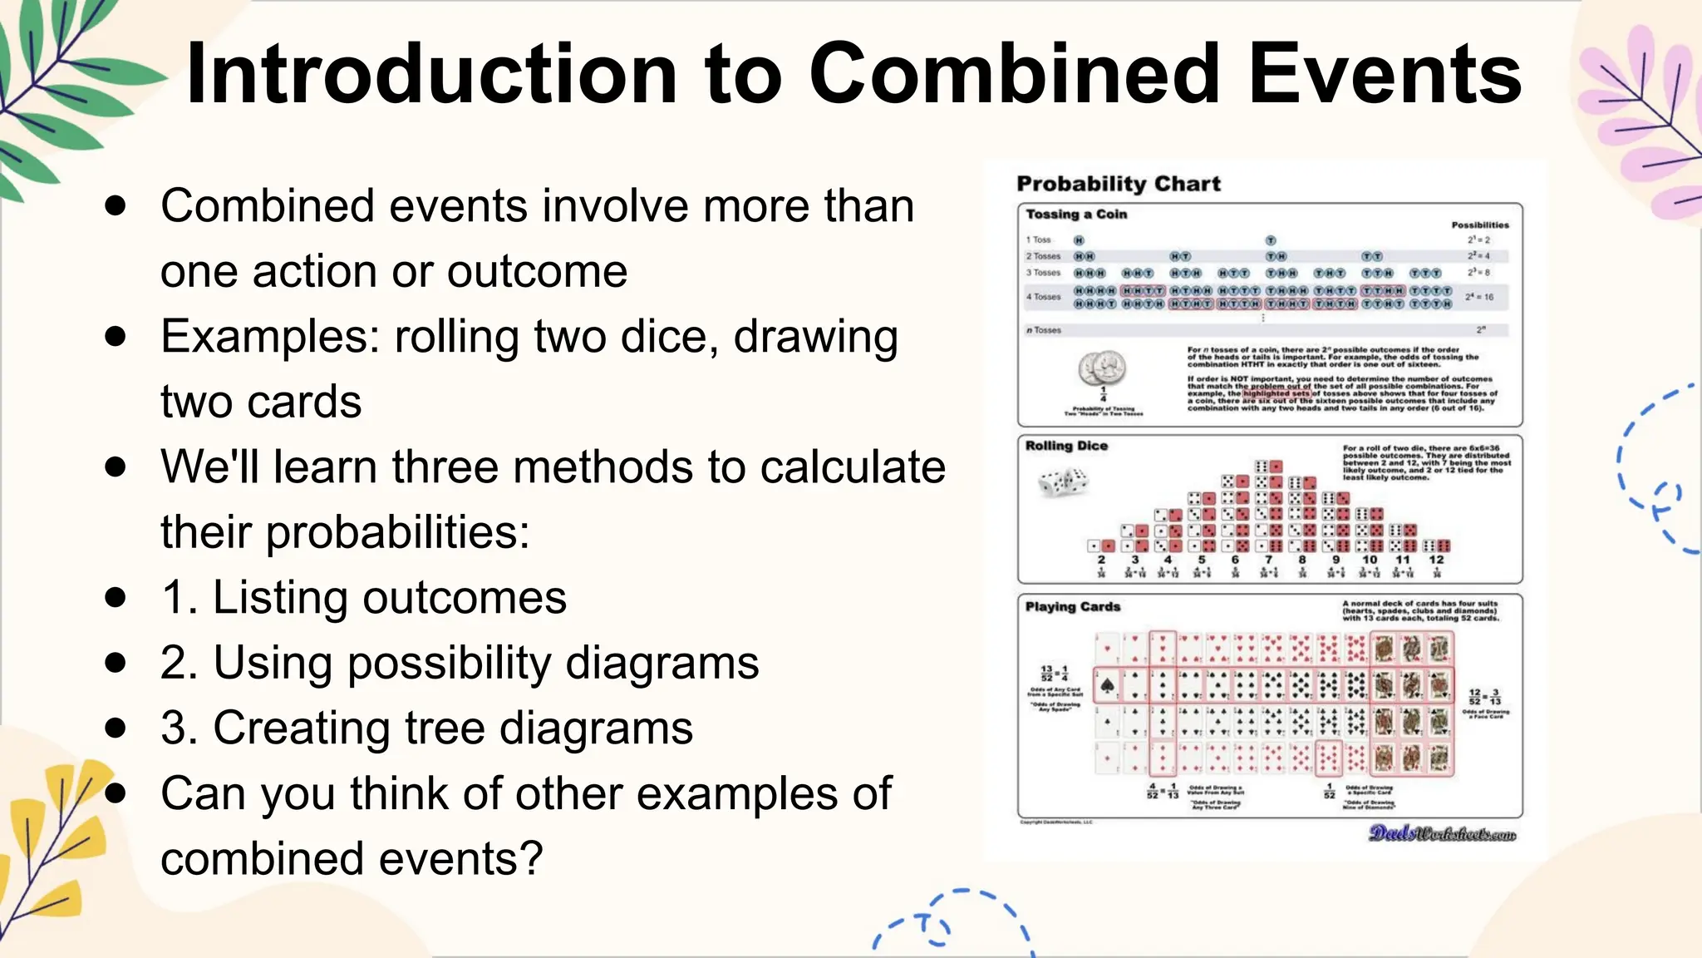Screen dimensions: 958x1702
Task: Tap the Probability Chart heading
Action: point(1119,184)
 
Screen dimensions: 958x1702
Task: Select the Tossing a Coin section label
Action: point(1076,214)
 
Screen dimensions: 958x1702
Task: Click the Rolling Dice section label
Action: point(1066,446)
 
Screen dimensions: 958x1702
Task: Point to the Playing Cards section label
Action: point(1072,606)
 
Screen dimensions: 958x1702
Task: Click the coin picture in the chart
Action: point(1102,367)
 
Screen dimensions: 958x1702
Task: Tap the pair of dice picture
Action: point(1063,481)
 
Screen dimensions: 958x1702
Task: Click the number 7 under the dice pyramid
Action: point(1268,560)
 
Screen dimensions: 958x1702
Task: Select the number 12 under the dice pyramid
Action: point(1436,560)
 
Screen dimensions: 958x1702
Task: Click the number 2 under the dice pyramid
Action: point(1101,560)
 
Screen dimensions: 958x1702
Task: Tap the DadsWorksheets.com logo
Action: point(1442,833)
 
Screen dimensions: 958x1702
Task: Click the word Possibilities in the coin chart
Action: point(1479,225)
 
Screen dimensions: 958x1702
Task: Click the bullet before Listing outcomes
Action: point(116,597)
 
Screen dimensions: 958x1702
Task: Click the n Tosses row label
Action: point(1044,330)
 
